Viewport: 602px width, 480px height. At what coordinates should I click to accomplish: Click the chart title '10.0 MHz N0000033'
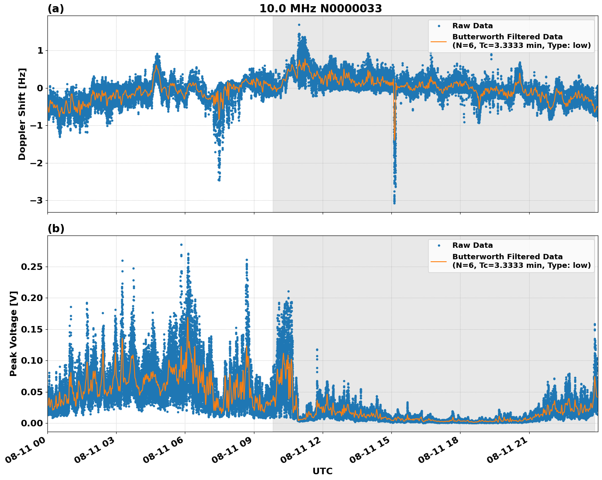coord(321,9)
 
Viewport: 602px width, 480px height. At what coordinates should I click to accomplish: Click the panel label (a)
coord(56,9)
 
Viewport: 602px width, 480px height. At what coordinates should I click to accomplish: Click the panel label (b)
coord(56,229)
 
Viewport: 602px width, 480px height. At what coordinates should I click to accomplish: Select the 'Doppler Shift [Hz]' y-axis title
coord(22,114)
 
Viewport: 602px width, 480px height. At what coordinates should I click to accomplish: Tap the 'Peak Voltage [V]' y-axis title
coord(13,333)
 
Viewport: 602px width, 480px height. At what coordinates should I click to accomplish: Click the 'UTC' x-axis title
coord(322,471)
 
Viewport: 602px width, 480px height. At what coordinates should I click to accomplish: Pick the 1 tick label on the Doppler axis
coord(40,51)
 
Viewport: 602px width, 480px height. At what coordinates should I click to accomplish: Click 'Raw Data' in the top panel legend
coord(472,26)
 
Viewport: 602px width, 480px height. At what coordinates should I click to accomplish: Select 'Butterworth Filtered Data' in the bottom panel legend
coord(507,257)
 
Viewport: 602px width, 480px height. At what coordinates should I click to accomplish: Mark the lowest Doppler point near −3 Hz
coord(394,203)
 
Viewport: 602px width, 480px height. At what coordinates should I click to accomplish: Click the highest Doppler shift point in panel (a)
coord(299,25)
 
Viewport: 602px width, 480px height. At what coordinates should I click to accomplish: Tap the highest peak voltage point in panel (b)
coord(181,245)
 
